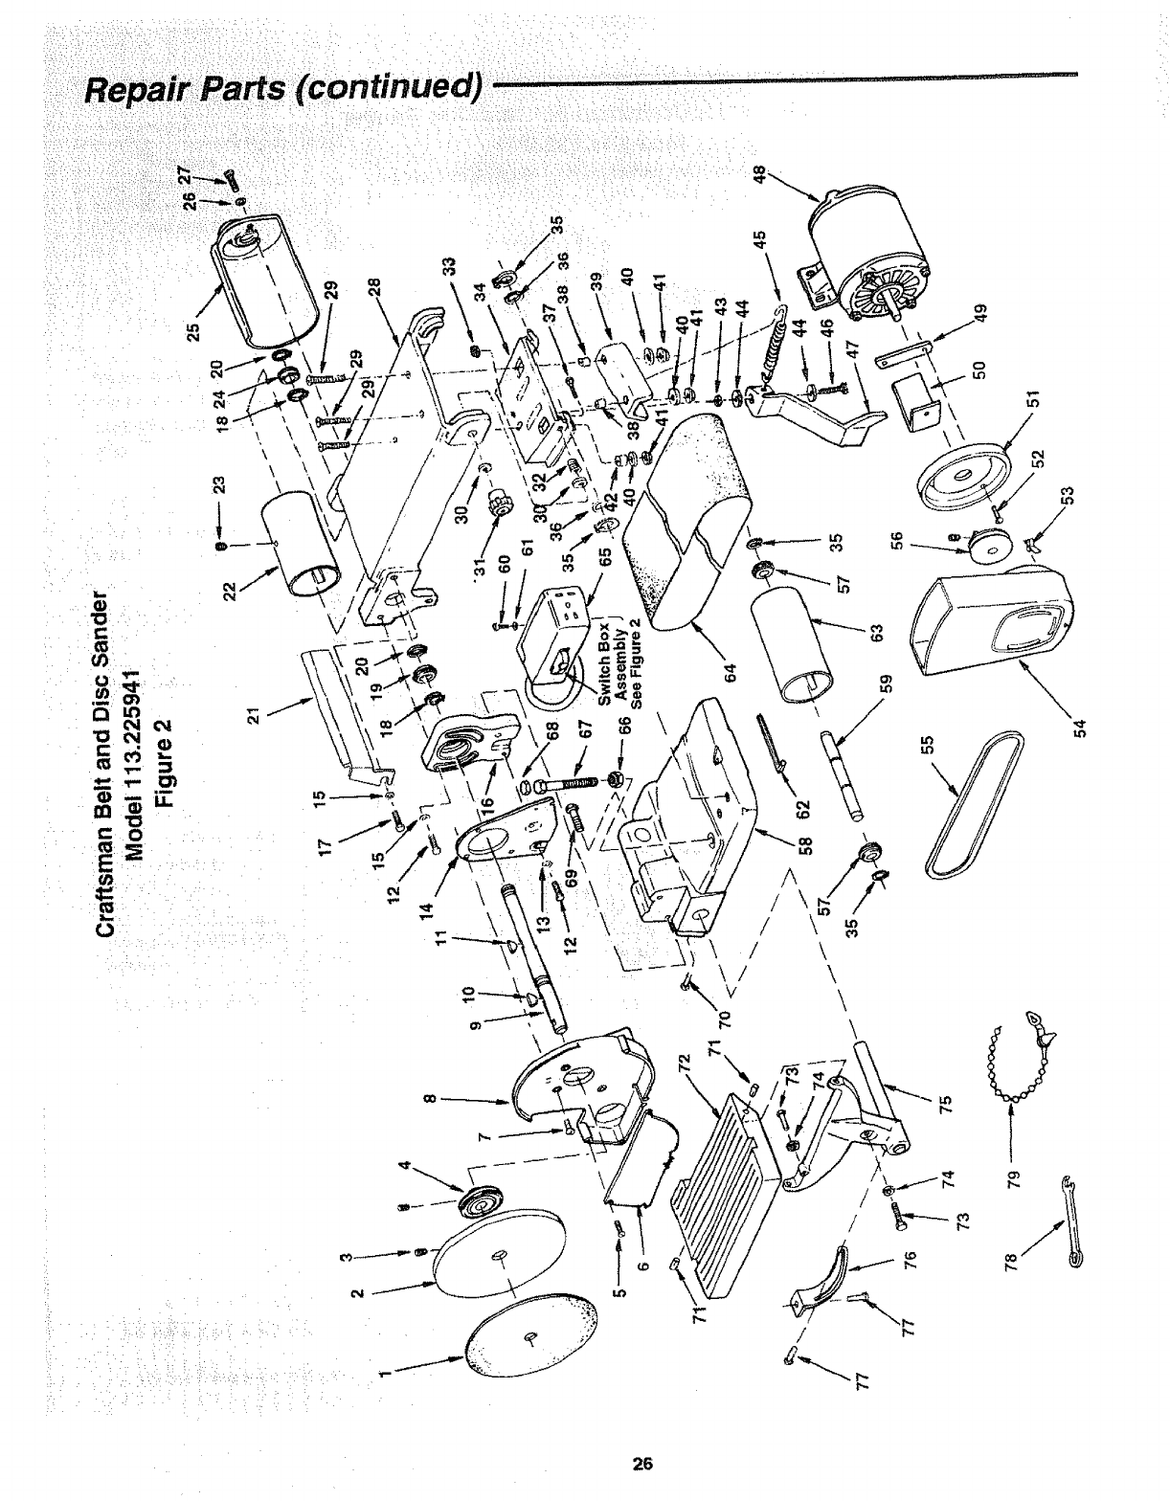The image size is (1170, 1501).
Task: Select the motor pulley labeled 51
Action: (966, 482)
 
